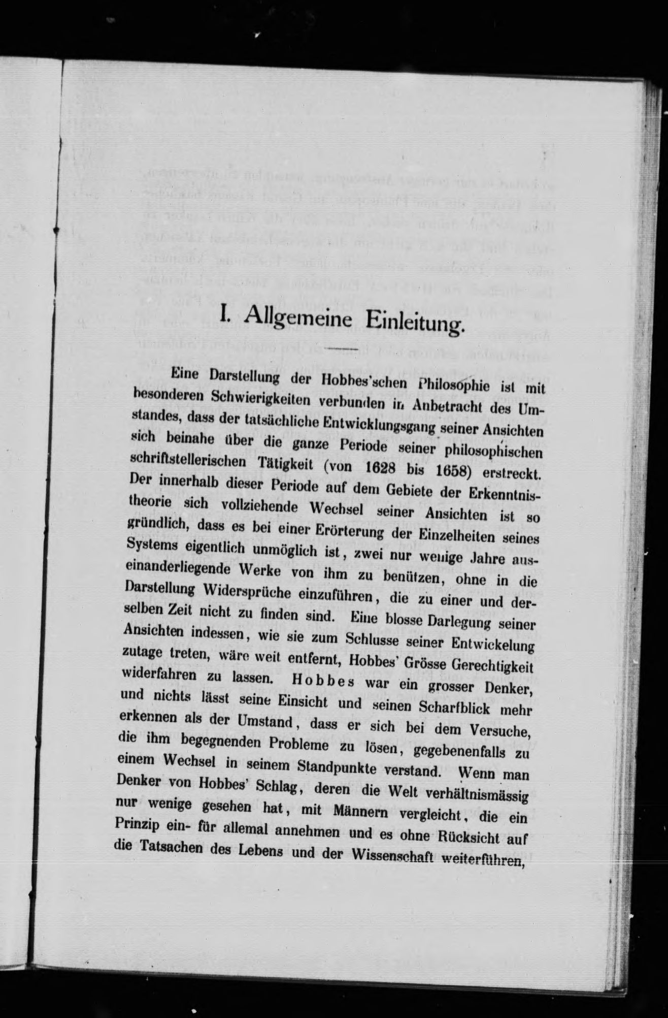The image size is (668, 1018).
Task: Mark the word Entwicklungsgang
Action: click(376, 425)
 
